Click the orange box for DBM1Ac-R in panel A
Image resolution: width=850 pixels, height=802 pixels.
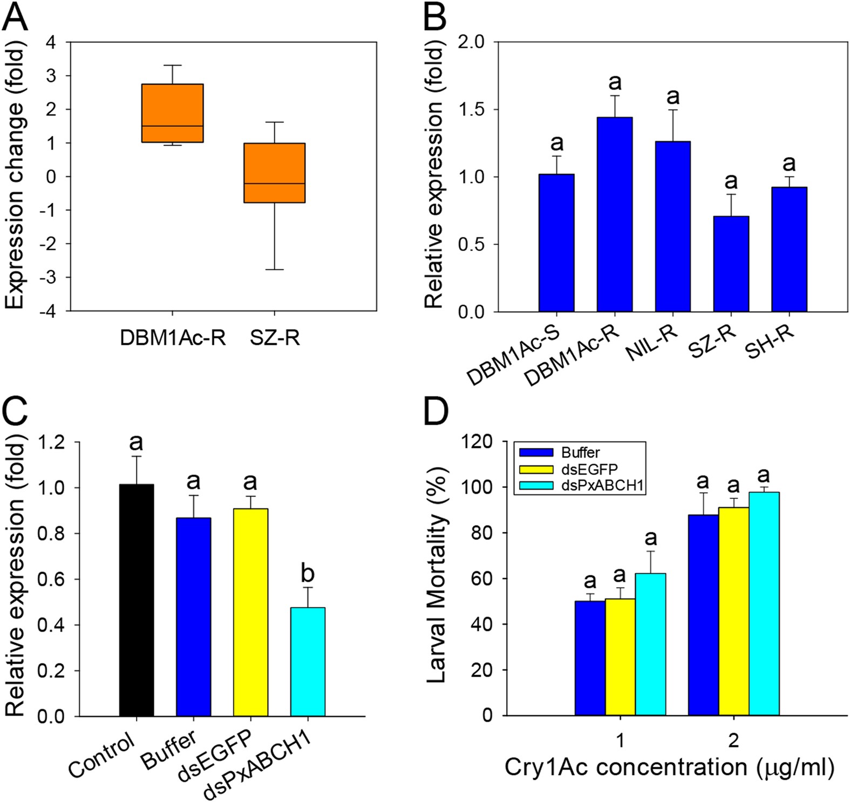(x=172, y=113)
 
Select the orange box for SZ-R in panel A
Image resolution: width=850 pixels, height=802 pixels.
(x=274, y=173)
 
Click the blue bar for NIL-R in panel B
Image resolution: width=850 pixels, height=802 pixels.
(x=672, y=227)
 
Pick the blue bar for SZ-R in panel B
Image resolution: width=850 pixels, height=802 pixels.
(x=731, y=264)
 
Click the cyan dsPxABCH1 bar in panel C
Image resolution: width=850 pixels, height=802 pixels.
(x=308, y=662)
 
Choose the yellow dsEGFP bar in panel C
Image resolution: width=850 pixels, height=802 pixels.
(x=250, y=612)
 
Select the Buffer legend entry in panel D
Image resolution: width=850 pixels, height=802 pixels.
(x=580, y=453)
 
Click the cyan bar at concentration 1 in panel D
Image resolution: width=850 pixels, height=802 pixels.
(x=650, y=644)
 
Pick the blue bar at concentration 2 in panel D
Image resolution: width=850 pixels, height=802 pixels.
(x=703, y=615)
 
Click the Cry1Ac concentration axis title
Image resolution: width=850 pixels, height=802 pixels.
(x=669, y=767)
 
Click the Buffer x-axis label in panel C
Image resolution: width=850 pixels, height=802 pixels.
(x=169, y=751)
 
